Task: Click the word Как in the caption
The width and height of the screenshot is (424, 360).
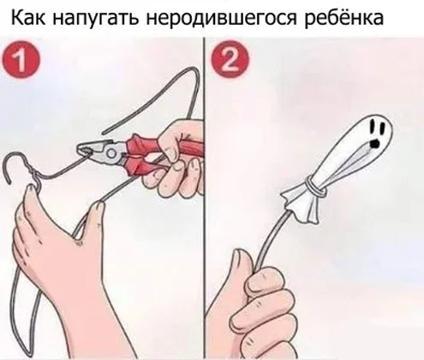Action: tap(27, 17)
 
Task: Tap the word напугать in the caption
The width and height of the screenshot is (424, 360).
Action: tap(95, 19)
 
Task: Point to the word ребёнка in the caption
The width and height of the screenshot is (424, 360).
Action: tap(343, 18)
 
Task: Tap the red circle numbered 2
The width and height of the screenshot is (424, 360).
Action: tap(230, 59)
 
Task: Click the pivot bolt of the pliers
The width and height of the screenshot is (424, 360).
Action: tap(111, 154)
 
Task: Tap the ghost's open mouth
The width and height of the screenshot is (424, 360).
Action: tap(374, 143)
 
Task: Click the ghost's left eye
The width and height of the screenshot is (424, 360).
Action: tap(373, 127)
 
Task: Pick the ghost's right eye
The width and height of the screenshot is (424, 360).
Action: tap(383, 128)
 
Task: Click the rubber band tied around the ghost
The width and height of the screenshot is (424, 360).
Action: tap(314, 187)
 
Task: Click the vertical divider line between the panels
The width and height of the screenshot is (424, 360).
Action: tap(205, 197)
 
